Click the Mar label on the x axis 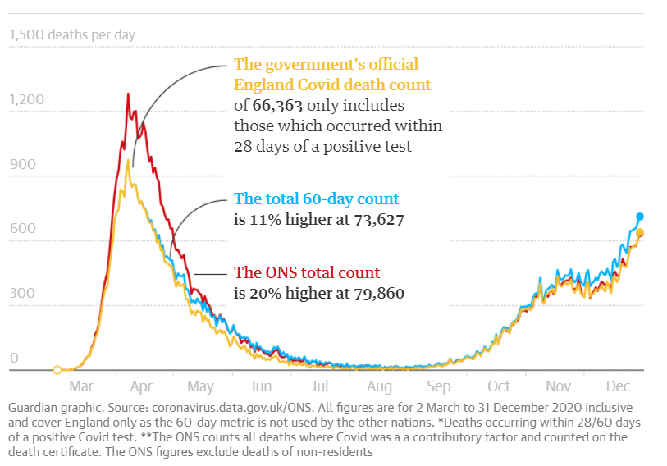pos(80,386)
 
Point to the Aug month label pos(379,386)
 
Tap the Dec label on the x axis pos(617,386)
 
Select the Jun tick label pos(260,386)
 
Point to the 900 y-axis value pos(22,164)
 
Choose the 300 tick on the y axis pos(22,293)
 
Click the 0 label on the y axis pos(14,358)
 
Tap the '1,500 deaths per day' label pos(72,35)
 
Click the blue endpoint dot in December pos(640,217)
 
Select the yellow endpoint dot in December pos(640,233)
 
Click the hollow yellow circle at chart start pos(57,370)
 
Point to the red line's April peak pos(128,94)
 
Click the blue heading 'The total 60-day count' pos(317,199)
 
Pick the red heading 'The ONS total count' pos(307,272)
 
